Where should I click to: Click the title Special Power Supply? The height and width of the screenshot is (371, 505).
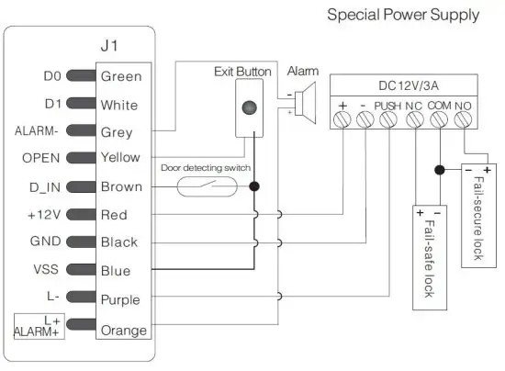(403, 15)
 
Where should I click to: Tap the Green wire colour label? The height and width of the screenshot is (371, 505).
(120, 77)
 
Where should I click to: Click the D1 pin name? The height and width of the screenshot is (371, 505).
(52, 104)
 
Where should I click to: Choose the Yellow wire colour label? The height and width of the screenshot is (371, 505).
(120, 158)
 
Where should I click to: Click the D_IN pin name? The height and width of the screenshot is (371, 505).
(43, 187)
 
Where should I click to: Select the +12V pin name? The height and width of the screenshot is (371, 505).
(42, 215)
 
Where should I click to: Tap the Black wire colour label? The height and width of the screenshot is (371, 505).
(119, 242)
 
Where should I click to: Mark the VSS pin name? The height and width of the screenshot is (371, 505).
(47, 271)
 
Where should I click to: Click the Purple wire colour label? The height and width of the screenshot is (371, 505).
(120, 299)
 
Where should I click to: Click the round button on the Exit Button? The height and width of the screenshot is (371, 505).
(248, 107)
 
